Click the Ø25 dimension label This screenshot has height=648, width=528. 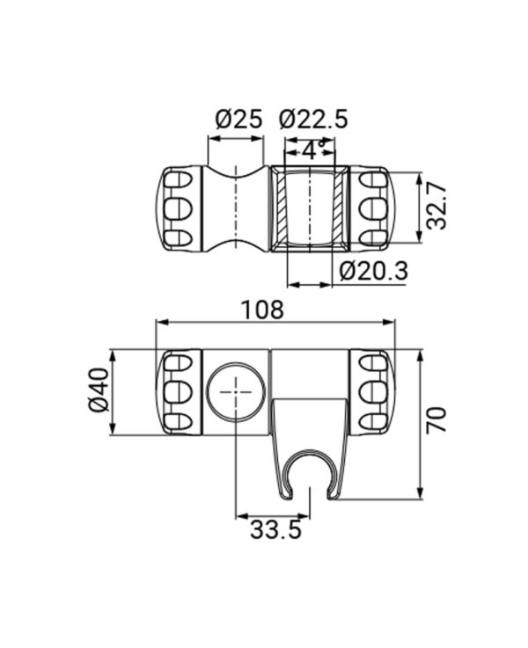pos(239,120)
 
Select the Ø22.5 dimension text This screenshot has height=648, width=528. pos(313,120)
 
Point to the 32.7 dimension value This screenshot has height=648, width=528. pos(436,207)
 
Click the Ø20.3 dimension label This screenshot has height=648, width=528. pos(373,271)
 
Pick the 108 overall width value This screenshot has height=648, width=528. pos(262,310)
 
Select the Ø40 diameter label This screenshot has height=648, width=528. pos(99,390)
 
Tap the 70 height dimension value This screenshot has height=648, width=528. pos(436,419)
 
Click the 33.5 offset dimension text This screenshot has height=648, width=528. pos(275,529)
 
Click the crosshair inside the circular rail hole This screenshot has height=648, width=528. pos(236,391)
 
